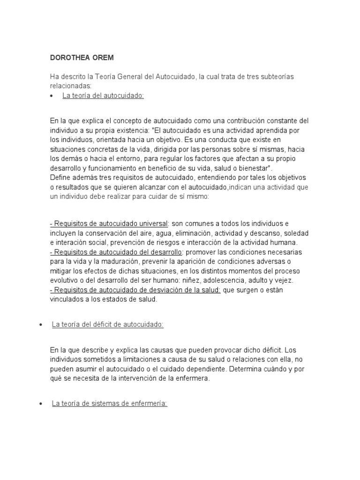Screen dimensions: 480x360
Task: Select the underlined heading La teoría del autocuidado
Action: [x=103, y=96]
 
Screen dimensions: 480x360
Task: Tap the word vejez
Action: [x=283, y=280]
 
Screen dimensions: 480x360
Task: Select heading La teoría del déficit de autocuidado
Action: [x=107, y=324]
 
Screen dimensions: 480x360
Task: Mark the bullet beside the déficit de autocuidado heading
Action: [x=42, y=325]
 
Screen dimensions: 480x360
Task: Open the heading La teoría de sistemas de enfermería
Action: [x=109, y=403]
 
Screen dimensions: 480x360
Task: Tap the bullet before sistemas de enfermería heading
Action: [x=42, y=404]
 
